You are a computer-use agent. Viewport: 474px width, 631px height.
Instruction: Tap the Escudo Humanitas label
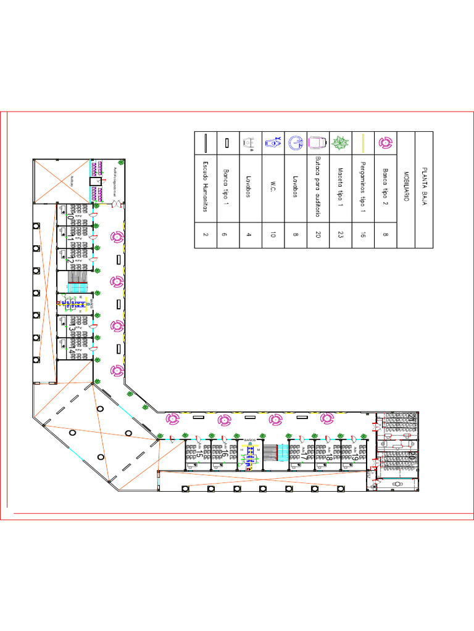pos(206,187)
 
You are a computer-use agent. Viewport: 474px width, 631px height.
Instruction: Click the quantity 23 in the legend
pos(339,234)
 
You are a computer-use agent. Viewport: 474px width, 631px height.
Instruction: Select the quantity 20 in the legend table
pos(317,234)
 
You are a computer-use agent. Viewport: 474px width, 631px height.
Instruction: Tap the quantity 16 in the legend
pos(362,234)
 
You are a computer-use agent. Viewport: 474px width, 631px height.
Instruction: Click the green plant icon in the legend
pos(339,143)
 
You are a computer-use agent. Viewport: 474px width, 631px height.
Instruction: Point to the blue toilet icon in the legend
pos(272,142)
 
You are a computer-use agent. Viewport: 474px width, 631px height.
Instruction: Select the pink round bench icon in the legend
pos(385,143)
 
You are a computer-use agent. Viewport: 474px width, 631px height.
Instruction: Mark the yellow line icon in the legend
pos(363,143)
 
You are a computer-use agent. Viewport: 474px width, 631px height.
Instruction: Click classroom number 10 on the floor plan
pos(70,216)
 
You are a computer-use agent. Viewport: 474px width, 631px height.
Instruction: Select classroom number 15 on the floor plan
pos(199,455)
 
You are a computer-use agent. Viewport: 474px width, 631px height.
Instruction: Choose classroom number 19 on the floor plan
pos(355,457)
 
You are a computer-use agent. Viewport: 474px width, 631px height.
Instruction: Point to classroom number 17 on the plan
pos(304,457)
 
